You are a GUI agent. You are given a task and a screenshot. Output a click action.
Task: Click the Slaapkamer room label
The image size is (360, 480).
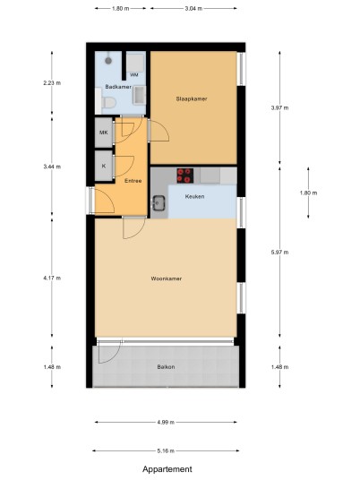(x=192, y=99)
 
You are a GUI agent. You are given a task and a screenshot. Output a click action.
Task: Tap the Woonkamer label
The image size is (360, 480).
(x=167, y=279)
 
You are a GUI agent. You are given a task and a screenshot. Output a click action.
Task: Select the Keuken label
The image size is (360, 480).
(x=194, y=196)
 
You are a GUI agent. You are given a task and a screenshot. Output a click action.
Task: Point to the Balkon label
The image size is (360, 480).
(x=166, y=367)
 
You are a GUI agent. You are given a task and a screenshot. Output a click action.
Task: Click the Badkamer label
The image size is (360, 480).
(x=118, y=87)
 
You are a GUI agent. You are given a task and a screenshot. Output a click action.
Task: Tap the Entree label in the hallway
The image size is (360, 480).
(x=133, y=181)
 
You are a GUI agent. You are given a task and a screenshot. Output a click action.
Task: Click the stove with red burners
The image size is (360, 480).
(x=184, y=176)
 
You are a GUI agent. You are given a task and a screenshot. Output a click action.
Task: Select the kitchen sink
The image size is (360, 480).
(x=159, y=203)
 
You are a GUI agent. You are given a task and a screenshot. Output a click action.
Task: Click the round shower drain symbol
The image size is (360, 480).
(x=108, y=61)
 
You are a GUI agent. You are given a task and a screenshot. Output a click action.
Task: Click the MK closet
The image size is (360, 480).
(x=104, y=133)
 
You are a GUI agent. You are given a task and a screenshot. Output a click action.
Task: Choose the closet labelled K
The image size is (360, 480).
(x=104, y=166)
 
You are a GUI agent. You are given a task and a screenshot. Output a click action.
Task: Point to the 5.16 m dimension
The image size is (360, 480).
(x=166, y=450)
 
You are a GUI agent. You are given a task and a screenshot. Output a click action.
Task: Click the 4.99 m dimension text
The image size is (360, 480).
(x=166, y=422)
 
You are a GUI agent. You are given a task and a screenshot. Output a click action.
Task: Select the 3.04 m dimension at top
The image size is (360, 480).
(x=193, y=9)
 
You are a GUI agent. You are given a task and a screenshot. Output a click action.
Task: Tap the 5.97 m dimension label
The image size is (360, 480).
(x=279, y=253)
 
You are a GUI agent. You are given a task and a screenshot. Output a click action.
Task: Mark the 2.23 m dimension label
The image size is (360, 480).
(x=52, y=82)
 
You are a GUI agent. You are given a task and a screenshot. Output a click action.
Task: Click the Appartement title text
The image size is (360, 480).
(x=167, y=469)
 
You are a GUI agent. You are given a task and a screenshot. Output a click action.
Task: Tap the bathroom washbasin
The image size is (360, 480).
(x=140, y=96)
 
